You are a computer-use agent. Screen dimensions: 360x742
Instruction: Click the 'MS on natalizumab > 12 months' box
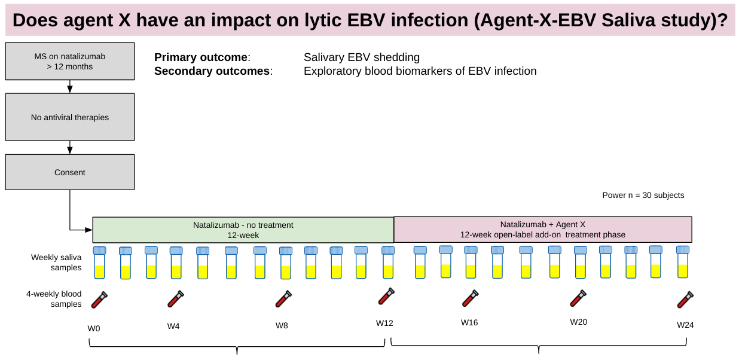coord(70,62)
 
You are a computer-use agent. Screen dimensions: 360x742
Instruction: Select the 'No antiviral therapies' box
coord(70,117)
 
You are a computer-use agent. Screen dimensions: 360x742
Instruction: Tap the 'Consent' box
coord(70,172)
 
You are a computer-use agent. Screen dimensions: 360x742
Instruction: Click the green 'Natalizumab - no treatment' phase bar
coord(243,230)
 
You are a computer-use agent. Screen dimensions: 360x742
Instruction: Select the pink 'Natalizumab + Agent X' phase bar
coord(543,230)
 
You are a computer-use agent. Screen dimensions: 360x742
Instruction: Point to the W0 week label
coord(94,328)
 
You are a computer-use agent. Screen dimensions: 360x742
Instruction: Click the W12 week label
coord(384,323)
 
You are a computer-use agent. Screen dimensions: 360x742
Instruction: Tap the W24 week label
coord(685,325)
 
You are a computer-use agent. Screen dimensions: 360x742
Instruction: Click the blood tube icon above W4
coord(175,298)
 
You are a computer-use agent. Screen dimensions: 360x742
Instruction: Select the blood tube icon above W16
coord(470,298)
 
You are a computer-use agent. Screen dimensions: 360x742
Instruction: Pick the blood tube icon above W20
coord(578,298)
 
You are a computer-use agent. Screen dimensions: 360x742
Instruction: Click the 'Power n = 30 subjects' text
coord(643,196)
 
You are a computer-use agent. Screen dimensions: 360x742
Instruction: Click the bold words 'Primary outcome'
coord(200,57)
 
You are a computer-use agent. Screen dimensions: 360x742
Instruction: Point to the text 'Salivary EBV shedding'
coord(361,57)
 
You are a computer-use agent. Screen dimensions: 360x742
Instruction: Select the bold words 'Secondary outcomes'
coord(212,71)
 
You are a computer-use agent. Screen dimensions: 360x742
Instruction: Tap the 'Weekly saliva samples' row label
coord(56,263)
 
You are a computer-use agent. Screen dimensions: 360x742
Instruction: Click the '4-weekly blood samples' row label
coord(54,299)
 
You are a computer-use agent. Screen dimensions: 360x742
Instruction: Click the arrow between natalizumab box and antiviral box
coord(70,87)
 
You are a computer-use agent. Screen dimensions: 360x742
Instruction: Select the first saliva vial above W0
coord(99,263)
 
